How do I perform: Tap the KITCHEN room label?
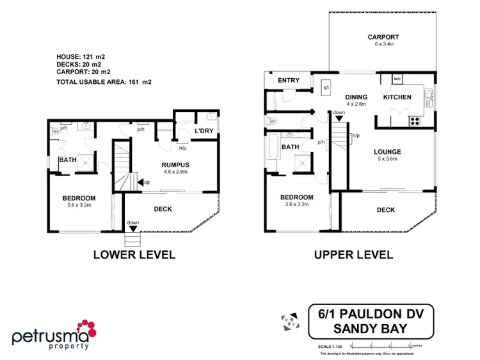397,97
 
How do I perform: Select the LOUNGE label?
388,152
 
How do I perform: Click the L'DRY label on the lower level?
204,131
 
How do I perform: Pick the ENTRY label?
289,80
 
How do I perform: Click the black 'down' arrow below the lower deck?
132,229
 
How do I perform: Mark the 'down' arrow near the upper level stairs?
339,118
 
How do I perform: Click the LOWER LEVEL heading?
134,254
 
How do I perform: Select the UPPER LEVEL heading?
353,254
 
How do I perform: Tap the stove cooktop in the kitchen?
415,120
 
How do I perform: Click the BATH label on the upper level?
291,147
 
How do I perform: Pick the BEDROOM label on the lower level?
79,198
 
